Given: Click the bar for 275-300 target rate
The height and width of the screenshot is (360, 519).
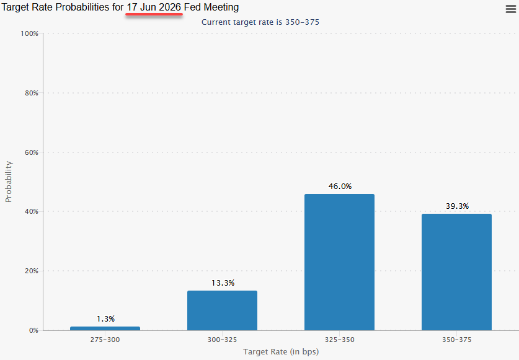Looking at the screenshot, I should [105, 328].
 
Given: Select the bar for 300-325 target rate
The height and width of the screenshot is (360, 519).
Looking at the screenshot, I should [222, 310].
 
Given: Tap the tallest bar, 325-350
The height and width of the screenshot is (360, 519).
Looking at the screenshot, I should [339, 262].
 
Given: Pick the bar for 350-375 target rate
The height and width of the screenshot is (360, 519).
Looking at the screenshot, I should [456, 272].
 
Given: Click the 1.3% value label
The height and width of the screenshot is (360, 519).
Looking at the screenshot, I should [105, 319].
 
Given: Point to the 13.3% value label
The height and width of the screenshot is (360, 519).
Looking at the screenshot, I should [222, 283].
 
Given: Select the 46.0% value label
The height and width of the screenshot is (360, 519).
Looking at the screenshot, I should [339, 187].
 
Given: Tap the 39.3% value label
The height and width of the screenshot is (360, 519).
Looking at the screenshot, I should [457, 206].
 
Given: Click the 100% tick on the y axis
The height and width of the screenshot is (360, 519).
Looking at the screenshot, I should [29, 33].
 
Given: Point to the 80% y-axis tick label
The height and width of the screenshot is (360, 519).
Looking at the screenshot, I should [31, 93].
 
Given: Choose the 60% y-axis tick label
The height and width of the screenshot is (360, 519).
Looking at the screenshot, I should [31, 152].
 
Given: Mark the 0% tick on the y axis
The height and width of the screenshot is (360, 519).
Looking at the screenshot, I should [33, 330].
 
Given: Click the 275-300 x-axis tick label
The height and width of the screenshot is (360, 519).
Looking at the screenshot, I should [105, 340].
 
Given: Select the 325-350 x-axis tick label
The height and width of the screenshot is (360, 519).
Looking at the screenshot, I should [339, 340].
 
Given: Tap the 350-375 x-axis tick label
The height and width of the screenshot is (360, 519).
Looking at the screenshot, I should [456, 340].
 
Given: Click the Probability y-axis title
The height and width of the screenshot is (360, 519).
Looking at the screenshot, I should [9, 182].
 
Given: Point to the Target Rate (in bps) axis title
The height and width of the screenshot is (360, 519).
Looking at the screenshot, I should [281, 352].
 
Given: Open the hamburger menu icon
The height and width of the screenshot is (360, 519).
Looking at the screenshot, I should [510, 8].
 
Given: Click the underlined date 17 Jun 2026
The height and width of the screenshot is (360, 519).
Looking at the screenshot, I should [154, 7].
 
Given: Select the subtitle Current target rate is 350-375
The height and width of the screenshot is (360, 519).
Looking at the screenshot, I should [260, 22].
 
